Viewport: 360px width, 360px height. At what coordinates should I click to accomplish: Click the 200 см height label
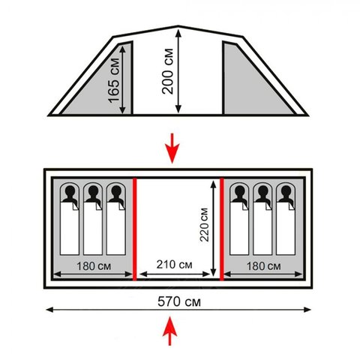[x=167, y=71]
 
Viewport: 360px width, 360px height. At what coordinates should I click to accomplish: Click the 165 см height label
[x=114, y=80]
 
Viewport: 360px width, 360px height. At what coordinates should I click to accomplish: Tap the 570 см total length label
[x=179, y=301]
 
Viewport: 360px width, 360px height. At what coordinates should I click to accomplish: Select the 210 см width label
[x=174, y=265]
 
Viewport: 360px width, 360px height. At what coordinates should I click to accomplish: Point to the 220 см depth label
[x=204, y=225]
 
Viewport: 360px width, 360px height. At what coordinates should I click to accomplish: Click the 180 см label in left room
[x=94, y=266]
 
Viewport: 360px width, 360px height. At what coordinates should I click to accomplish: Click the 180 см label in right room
[x=263, y=266]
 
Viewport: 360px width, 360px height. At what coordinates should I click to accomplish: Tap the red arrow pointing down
[x=172, y=148]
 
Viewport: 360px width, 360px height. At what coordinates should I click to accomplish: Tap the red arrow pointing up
[x=169, y=331]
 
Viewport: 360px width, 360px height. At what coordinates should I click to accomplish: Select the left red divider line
[x=134, y=229]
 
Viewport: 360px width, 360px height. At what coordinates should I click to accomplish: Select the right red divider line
[x=221, y=229]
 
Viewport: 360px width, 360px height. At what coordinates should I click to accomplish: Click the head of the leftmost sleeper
[x=70, y=191]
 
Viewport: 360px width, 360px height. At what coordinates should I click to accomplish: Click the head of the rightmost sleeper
[x=286, y=191]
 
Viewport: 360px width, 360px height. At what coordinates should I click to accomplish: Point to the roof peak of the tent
[x=178, y=26]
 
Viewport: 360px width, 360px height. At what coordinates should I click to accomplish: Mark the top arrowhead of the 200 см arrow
[x=178, y=32]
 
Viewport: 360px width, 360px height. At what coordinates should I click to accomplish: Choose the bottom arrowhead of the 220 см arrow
[x=213, y=272]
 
